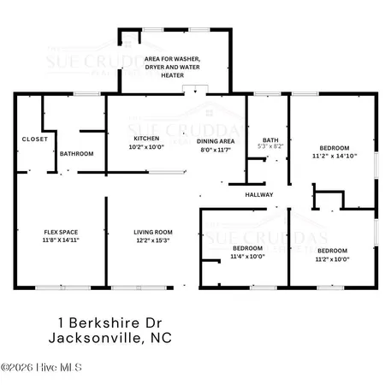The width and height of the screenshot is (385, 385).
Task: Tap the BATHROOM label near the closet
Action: pyautogui.click(x=76, y=153)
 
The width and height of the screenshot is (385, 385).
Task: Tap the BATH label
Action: pyautogui.click(x=270, y=139)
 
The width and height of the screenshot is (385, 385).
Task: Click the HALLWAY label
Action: pyautogui.click(x=259, y=195)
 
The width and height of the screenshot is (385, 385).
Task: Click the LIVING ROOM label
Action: pyautogui.click(x=152, y=232)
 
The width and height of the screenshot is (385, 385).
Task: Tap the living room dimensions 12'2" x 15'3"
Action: pyautogui.click(x=152, y=241)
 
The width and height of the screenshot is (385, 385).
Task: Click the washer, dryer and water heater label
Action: pyautogui.click(x=175, y=68)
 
